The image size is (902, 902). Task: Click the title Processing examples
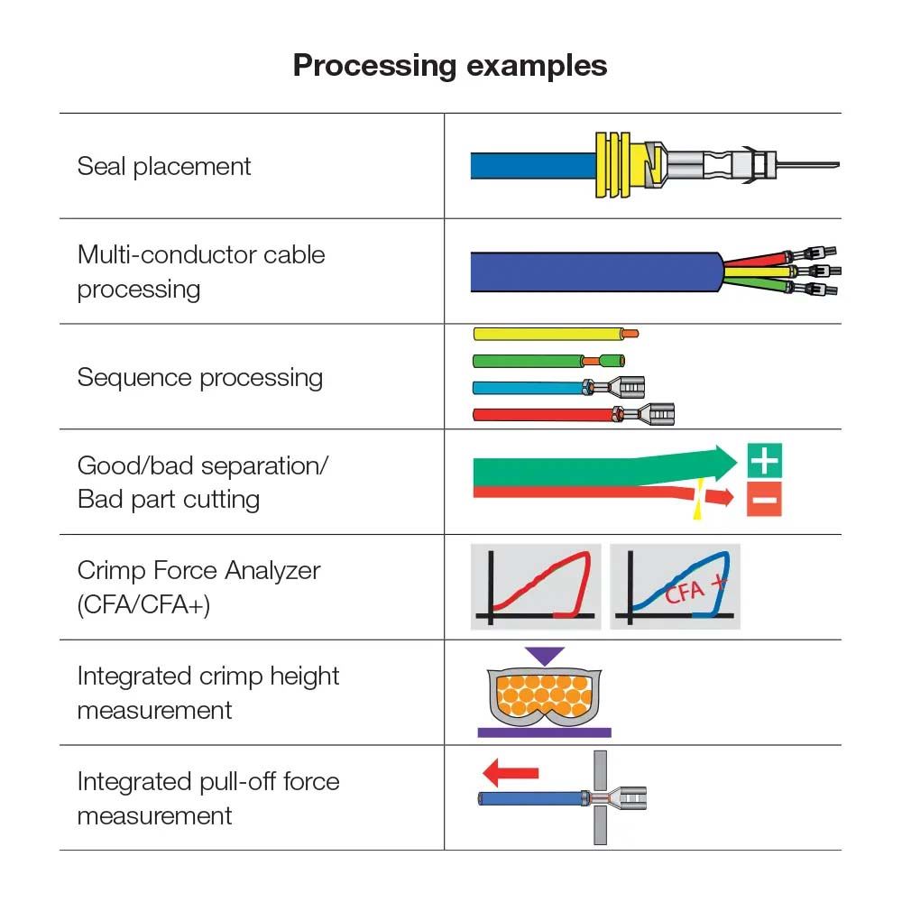[x=450, y=66]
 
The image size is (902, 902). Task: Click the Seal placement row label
[x=164, y=166]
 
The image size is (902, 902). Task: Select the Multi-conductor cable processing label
[x=200, y=272]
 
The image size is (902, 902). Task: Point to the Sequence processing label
[x=200, y=377]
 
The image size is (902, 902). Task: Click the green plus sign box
[x=764, y=461]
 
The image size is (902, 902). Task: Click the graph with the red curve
[x=538, y=586]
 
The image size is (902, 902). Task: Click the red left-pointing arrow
[x=511, y=772]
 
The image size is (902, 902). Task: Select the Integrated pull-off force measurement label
[x=207, y=798]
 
